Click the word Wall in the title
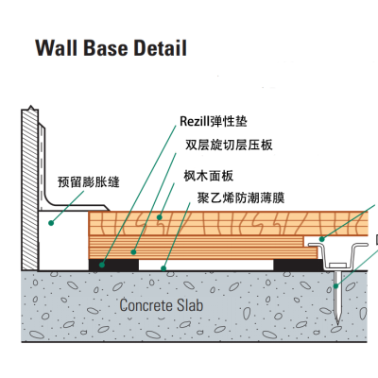[x=57, y=48]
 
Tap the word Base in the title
[x=106, y=48]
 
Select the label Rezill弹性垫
[x=214, y=121]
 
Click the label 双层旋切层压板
[x=229, y=145]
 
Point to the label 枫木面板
[x=209, y=176]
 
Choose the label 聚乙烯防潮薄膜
[x=241, y=198]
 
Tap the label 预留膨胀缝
[x=89, y=182]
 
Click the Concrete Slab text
[x=162, y=305]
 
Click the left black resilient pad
[x=113, y=265]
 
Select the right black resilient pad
[x=299, y=265]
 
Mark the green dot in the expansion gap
[x=51, y=223]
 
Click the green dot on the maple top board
[x=160, y=217]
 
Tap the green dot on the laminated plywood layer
[x=133, y=252]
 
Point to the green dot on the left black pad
[x=102, y=265]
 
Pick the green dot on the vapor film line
[x=163, y=268]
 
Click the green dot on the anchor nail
[x=336, y=286]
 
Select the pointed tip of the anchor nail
[x=337, y=324]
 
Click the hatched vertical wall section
[x=30, y=189]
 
